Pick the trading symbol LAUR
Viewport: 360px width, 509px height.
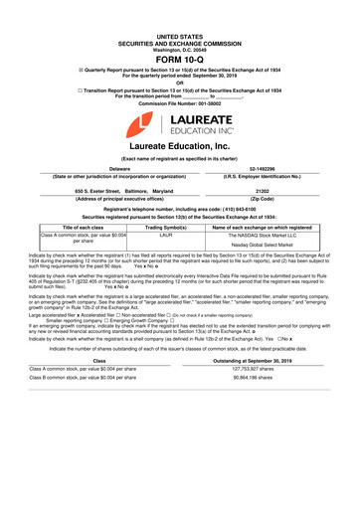pos(167,235)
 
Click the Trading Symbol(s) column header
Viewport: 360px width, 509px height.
pos(167,227)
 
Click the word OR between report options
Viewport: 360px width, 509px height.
pos(179,70)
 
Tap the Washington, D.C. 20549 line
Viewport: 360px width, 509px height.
pos(179,21)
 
